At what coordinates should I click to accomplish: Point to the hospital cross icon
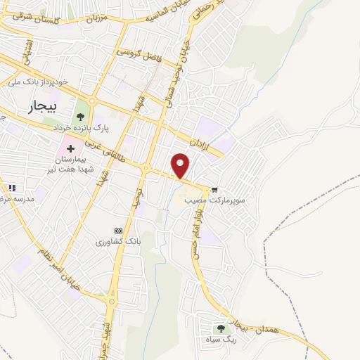click(x=70, y=148)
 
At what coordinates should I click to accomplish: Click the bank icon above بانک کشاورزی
click(x=118, y=231)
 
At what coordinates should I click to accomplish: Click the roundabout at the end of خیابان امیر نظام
click(x=112, y=302)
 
